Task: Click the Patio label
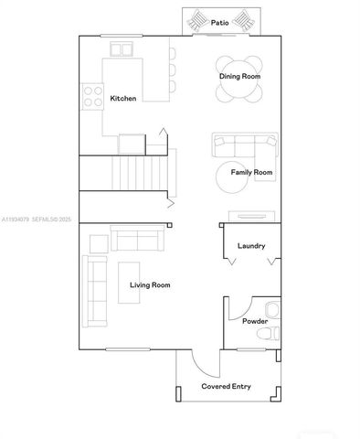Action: pos(219,21)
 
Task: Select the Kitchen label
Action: pos(123,98)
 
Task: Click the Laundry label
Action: pos(251,245)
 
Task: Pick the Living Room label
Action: pos(150,285)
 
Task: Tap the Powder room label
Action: pos(255,321)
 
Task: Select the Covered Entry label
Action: pos(226,386)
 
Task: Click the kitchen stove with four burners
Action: pos(93,96)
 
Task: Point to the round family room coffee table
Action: pos(232,177)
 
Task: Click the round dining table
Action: pos(239,80)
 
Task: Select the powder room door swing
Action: pos(237,308)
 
